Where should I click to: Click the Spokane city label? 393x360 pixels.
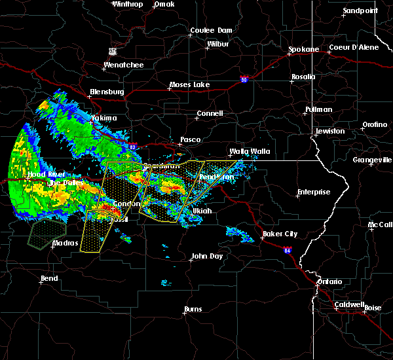(x=304, y=50)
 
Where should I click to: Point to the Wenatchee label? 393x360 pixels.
(x=123, y=65)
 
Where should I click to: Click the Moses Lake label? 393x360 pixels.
(x=189, y=85)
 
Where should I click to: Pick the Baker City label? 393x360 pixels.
(x=280, y=234)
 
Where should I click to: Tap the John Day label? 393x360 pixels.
(x=207, y=257)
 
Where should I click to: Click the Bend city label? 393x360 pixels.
(x=49, y=278)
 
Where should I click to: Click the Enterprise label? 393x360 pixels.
(x=314, y=192)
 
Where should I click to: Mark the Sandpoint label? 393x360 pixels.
(x=360, y=11)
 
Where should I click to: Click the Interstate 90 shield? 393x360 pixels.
(x=244, y=79)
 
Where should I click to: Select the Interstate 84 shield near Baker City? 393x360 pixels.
(x=287, y=249)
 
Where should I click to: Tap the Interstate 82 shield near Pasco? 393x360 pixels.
(x=133, y=147)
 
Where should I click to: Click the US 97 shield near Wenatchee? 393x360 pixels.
(x=113, y=50)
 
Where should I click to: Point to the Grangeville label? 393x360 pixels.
(x=372, y=160)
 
